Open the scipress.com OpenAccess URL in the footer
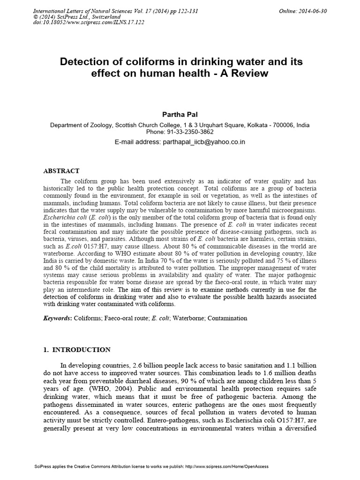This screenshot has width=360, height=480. click(x=227, y=467)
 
